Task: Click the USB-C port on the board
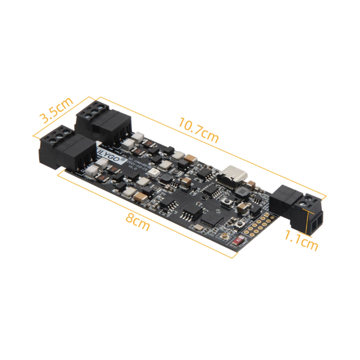pyautogui.click(x=233, y=173)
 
